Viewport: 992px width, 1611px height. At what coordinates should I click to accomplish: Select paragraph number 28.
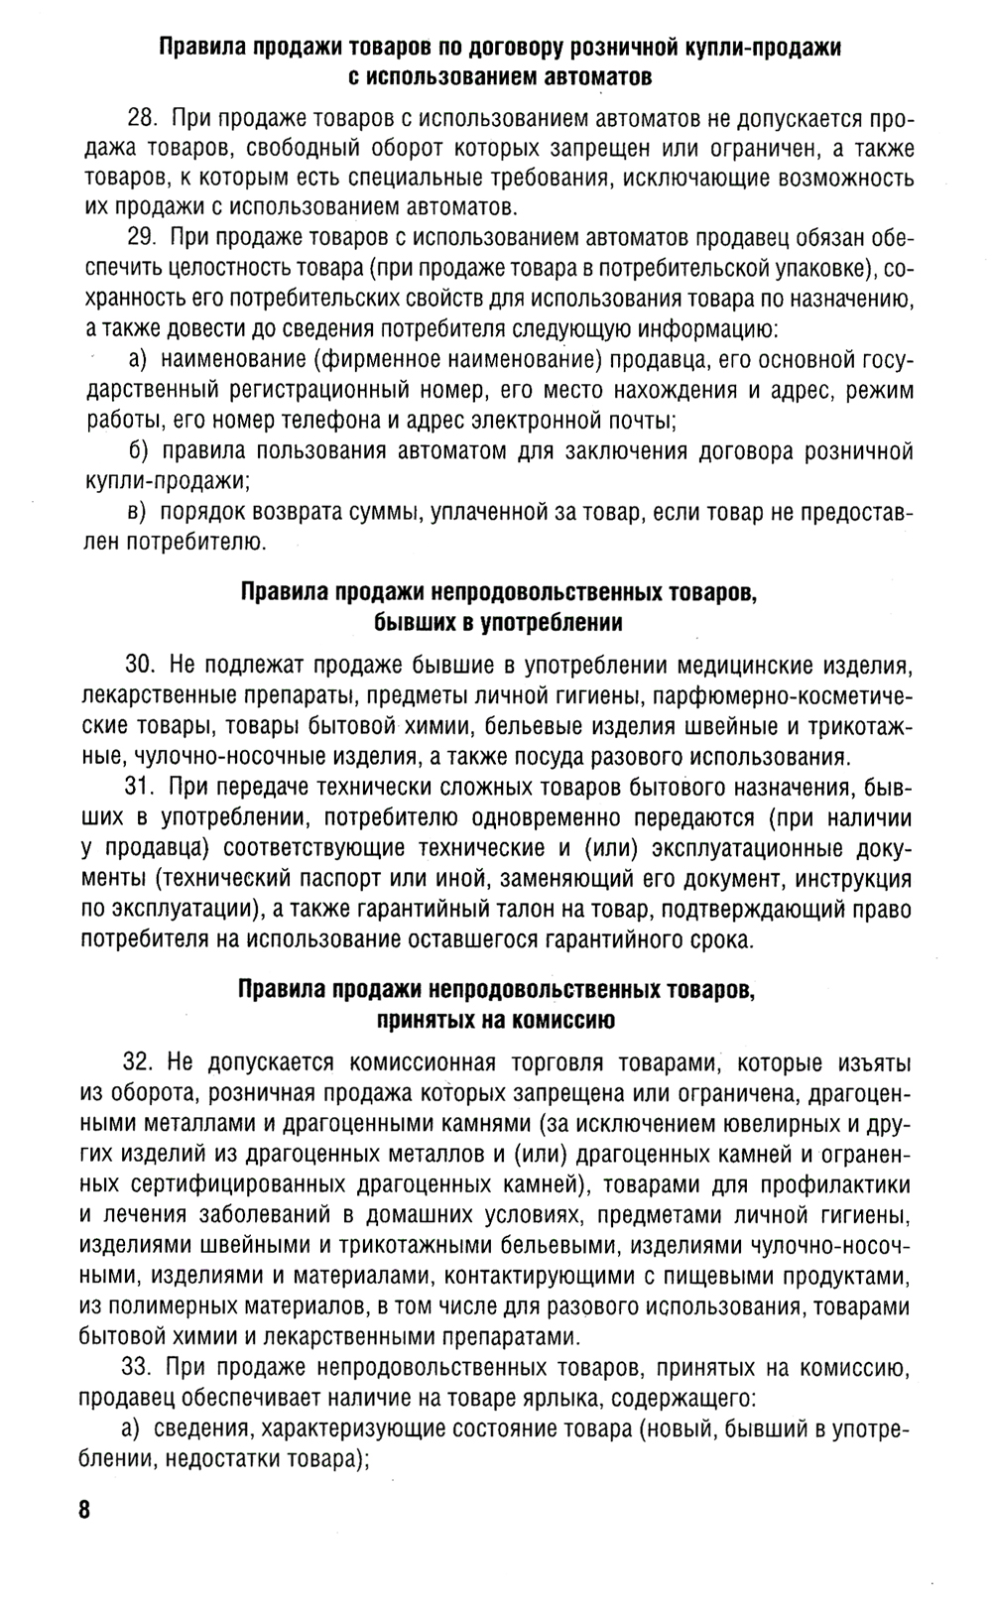(x=143, y=120)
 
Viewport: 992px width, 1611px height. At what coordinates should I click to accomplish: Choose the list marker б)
(x=138, y=451)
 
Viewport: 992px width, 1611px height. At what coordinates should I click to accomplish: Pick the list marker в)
(x=138, y=513)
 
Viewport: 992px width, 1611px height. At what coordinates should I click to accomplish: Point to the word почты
(x=640, y=421)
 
